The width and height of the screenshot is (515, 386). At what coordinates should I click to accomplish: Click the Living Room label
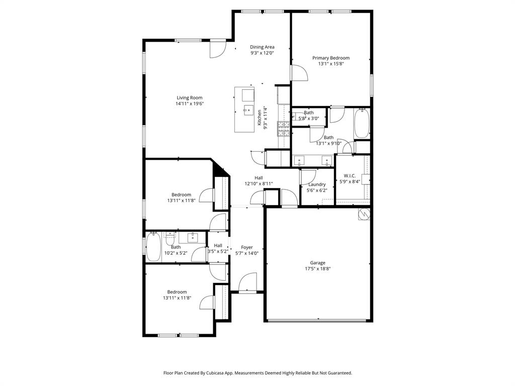(x=189, y=98)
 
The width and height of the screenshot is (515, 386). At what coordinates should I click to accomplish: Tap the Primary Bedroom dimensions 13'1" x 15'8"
(x=330, y=64)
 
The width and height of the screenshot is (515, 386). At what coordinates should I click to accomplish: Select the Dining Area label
(x=262, y=47)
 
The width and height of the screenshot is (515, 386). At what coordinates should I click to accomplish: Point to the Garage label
(x=317, y=262)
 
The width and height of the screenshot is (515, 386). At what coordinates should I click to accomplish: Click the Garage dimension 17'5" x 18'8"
(x=317, y=268)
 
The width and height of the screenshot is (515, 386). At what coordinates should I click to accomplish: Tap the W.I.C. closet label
(x=350, y=175)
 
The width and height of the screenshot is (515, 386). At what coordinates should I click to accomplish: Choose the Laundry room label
(x=317, y=184)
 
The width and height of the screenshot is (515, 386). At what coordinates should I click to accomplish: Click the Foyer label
(x=246, y=247)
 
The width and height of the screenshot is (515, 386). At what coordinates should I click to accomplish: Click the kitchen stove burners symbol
(x=284, y=129)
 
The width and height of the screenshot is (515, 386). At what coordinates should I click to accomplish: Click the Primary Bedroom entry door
(x=299, y=73)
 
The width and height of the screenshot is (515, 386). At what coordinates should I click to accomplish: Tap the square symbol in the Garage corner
(x=364, y=215)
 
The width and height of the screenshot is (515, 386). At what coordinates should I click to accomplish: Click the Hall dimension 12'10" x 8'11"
(x=259, y=184)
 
